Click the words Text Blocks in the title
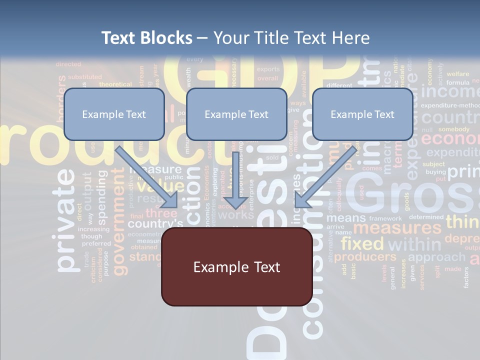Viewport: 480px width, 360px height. [x=146, y=38]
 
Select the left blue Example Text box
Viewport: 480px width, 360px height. [x=114, y=114]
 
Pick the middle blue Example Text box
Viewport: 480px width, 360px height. [x=236, y=114]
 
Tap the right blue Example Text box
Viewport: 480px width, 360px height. [x=362, y=114]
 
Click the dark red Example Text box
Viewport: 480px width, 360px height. [x=236, y=267]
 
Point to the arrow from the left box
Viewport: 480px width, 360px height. [x=147, y=177]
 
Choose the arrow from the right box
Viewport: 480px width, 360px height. [x=325, y=177]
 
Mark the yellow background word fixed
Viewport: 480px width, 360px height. [x=362, y=244]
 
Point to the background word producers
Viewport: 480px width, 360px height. [x=365, y=257]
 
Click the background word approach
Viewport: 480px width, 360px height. [x=436, y=257]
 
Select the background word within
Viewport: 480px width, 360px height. [x=414, y=244]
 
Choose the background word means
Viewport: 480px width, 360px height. [x=345, y=218]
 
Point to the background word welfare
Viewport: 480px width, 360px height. [x=457, y=74]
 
